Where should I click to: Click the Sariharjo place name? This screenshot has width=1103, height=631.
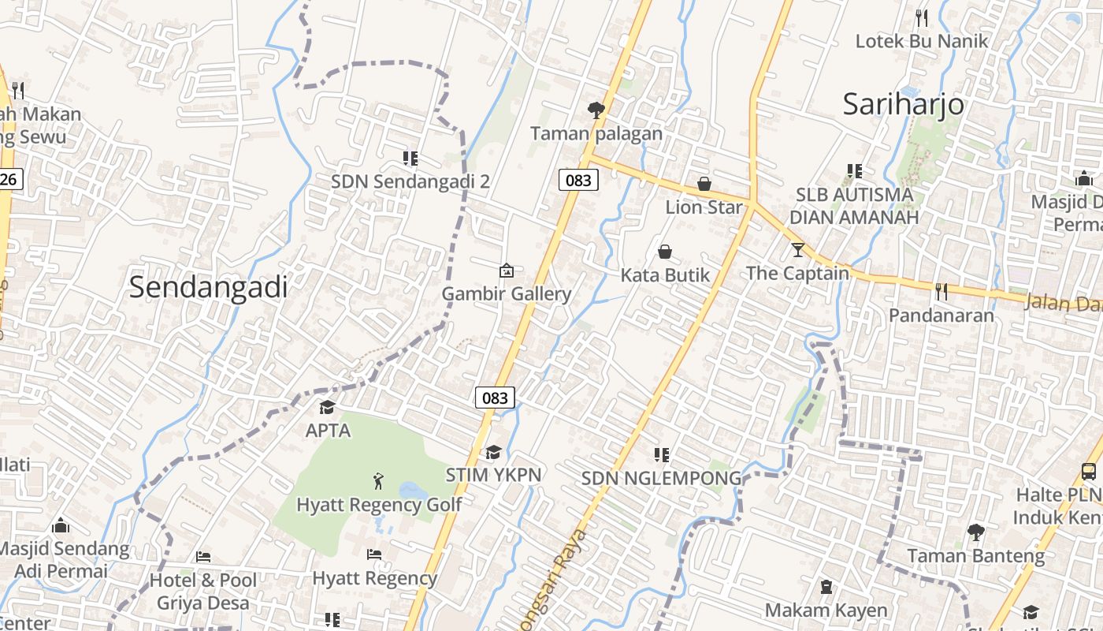coord(903,104)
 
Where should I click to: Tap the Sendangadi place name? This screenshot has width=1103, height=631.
coord(209,287)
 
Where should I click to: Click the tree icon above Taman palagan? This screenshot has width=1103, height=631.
coord(596,110)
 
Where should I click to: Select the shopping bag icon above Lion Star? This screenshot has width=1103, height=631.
coord(704,184)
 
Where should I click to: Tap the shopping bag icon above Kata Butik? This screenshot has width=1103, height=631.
coord(665,252)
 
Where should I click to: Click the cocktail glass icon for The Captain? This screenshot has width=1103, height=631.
coord(798,250)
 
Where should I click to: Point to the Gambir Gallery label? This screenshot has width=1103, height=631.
coord(506,294)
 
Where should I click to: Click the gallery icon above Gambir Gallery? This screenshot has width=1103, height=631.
coord(507,271)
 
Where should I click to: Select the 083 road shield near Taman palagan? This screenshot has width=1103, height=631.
coord(578,180)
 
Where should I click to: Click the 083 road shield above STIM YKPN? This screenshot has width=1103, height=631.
coord(495,398)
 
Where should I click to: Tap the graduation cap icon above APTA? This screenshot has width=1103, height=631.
coord(327,407)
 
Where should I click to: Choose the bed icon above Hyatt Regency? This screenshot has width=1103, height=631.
coord(374,554)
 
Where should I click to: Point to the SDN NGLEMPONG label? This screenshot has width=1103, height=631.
coord(662,478)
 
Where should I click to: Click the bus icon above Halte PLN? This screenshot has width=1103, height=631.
coord(1089,472)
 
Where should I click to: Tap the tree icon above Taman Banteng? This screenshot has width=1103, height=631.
coord(975,532)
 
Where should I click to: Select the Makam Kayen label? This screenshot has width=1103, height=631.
coord(826,610)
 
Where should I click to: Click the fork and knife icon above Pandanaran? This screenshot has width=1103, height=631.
coord(941,291)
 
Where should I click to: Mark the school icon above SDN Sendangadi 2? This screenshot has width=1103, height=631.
coord(410,159)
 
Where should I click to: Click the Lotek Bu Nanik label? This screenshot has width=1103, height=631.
coord(921,41)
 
